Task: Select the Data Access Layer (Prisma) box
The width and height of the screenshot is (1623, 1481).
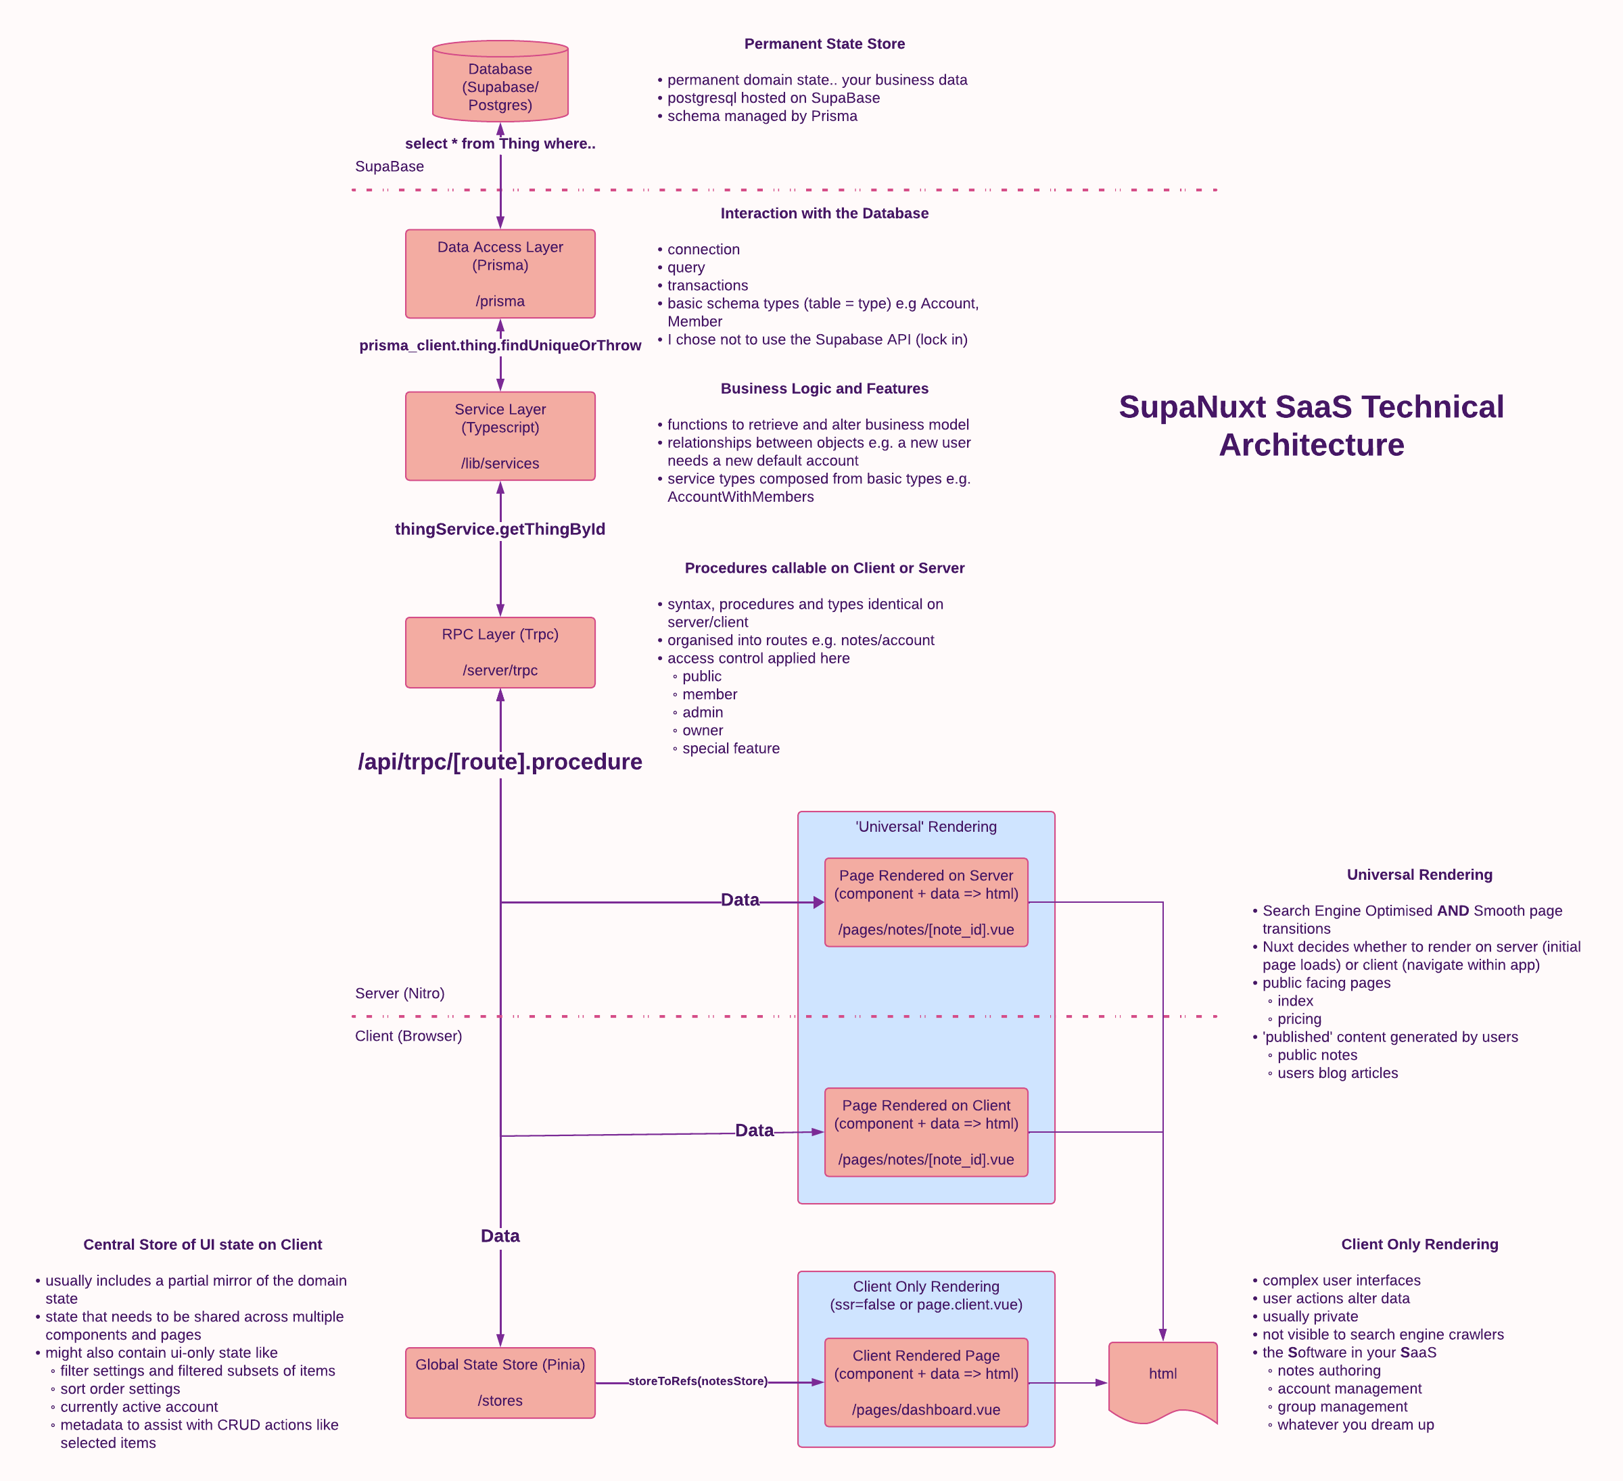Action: click(500, 274)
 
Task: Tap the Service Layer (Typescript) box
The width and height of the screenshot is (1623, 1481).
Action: click(500, 436)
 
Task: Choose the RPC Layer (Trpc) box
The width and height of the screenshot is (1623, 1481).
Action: click(500, 652)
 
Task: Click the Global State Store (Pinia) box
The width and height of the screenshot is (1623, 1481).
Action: click(500, 1382)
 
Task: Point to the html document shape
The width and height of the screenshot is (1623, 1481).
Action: click(1162, 1377)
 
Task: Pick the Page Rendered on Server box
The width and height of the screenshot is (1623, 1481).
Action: click(926, 902)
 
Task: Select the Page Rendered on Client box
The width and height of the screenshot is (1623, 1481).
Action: click(926, 1131)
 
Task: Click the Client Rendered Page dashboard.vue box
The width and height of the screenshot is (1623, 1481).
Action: click(926, 1382)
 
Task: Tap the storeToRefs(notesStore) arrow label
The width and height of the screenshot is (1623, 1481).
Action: click(697, 1381)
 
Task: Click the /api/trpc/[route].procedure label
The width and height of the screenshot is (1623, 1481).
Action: click(500, 761)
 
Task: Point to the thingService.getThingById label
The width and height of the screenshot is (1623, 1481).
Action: click(500, 529)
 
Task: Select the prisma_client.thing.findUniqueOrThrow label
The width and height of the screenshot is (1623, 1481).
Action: click(500, 346)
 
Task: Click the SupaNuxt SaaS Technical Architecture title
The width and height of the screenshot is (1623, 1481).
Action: click(1311, 426)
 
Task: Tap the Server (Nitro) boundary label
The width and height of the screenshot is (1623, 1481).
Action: click(399, 993)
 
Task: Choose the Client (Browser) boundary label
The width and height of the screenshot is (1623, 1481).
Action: click(408, 1036)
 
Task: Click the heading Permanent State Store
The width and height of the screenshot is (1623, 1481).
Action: click(824, 44)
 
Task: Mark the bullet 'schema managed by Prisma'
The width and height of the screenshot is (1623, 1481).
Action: click(761, 116)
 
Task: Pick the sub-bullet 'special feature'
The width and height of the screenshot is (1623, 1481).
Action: click(730, 749)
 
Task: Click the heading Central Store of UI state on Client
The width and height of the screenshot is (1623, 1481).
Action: click(203, 1244)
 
